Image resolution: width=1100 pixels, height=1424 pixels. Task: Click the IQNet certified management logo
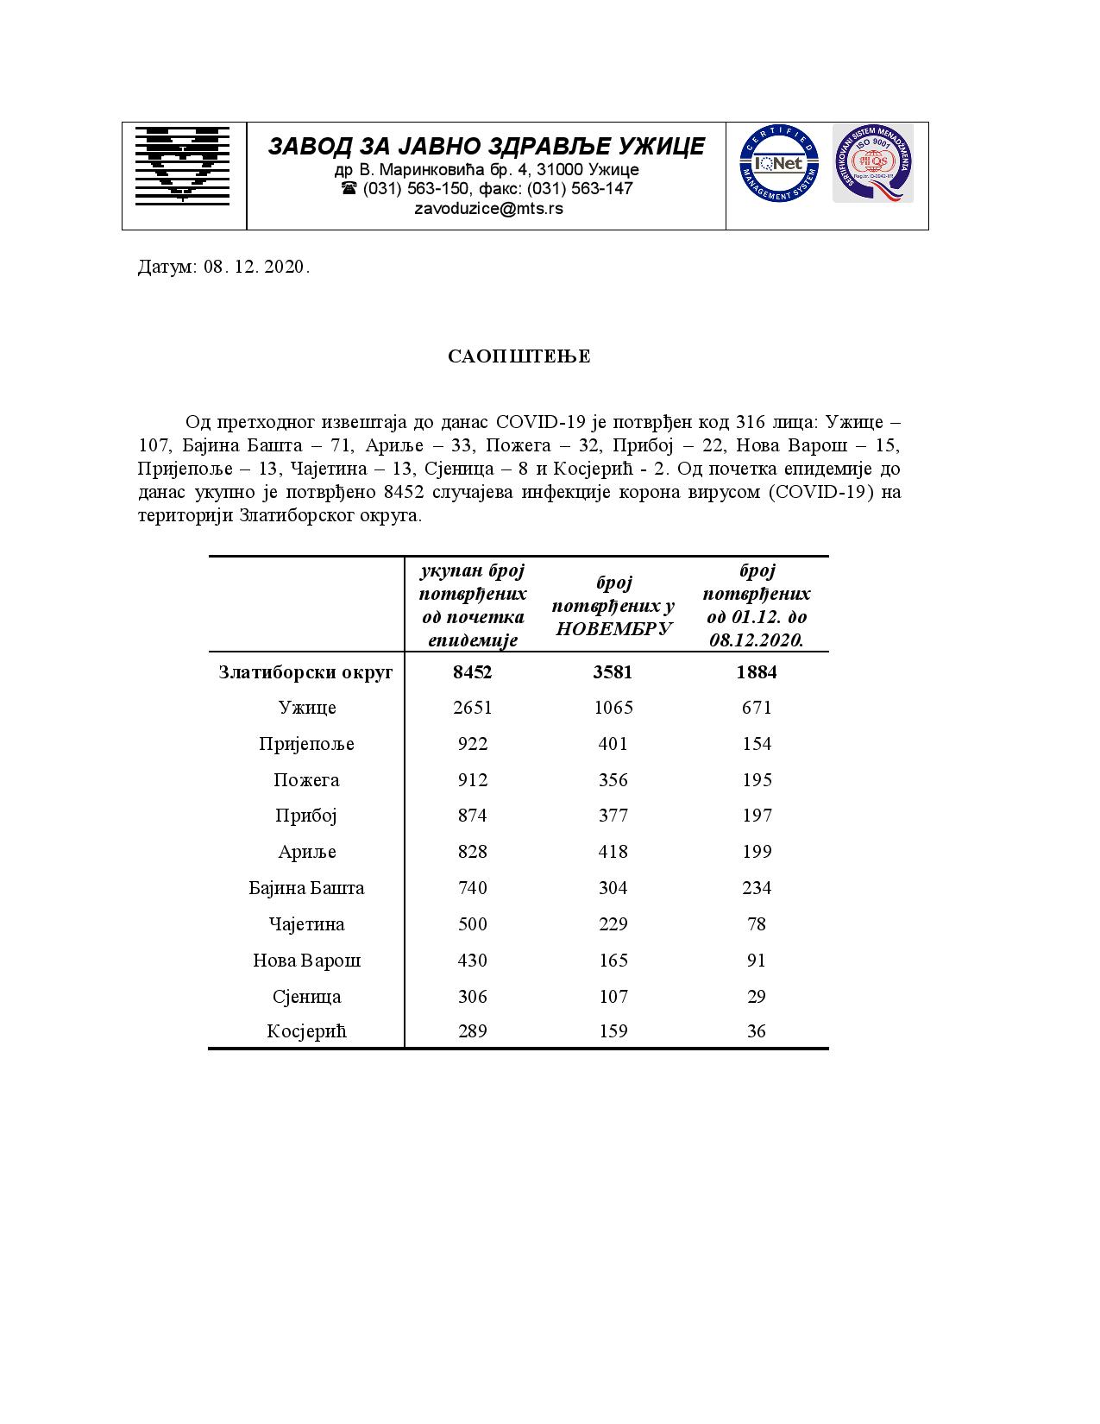pos(778,163)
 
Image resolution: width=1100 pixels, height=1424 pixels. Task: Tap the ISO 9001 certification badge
pos(872,163)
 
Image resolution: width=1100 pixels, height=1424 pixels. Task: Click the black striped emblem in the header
pos(182,165)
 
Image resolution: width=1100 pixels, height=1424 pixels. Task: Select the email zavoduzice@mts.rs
pos(488,208)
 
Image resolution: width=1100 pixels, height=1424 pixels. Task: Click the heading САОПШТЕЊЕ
pos(519,356)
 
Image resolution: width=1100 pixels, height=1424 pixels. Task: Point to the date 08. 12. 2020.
pos(256,267)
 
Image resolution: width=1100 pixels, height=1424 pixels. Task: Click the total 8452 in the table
pos(472,671)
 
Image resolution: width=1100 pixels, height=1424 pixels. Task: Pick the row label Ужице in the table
pos(307,708)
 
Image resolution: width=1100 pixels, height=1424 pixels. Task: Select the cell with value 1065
pos(613,708)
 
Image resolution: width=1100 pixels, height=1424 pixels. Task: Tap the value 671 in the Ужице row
pos(757,708)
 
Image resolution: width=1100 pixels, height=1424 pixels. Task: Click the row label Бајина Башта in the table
pos(306,888)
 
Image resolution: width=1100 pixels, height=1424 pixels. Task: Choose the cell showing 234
pos(757,888)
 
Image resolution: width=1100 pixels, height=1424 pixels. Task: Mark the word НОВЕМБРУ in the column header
pos(613,628)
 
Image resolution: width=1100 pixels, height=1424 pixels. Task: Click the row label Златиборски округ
pos(306,671)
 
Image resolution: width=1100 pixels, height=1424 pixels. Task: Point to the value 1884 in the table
pos(757,671)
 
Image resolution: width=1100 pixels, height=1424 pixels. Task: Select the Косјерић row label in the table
pos(306,1031)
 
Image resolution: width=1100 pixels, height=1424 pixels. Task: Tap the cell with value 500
pos(472,924)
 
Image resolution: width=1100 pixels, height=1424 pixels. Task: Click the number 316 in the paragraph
pos(751,423)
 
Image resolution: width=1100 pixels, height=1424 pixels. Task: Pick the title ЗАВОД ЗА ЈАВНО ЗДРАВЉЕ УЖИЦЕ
pos(487,147)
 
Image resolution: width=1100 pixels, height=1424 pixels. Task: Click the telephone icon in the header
pos(349,188)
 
